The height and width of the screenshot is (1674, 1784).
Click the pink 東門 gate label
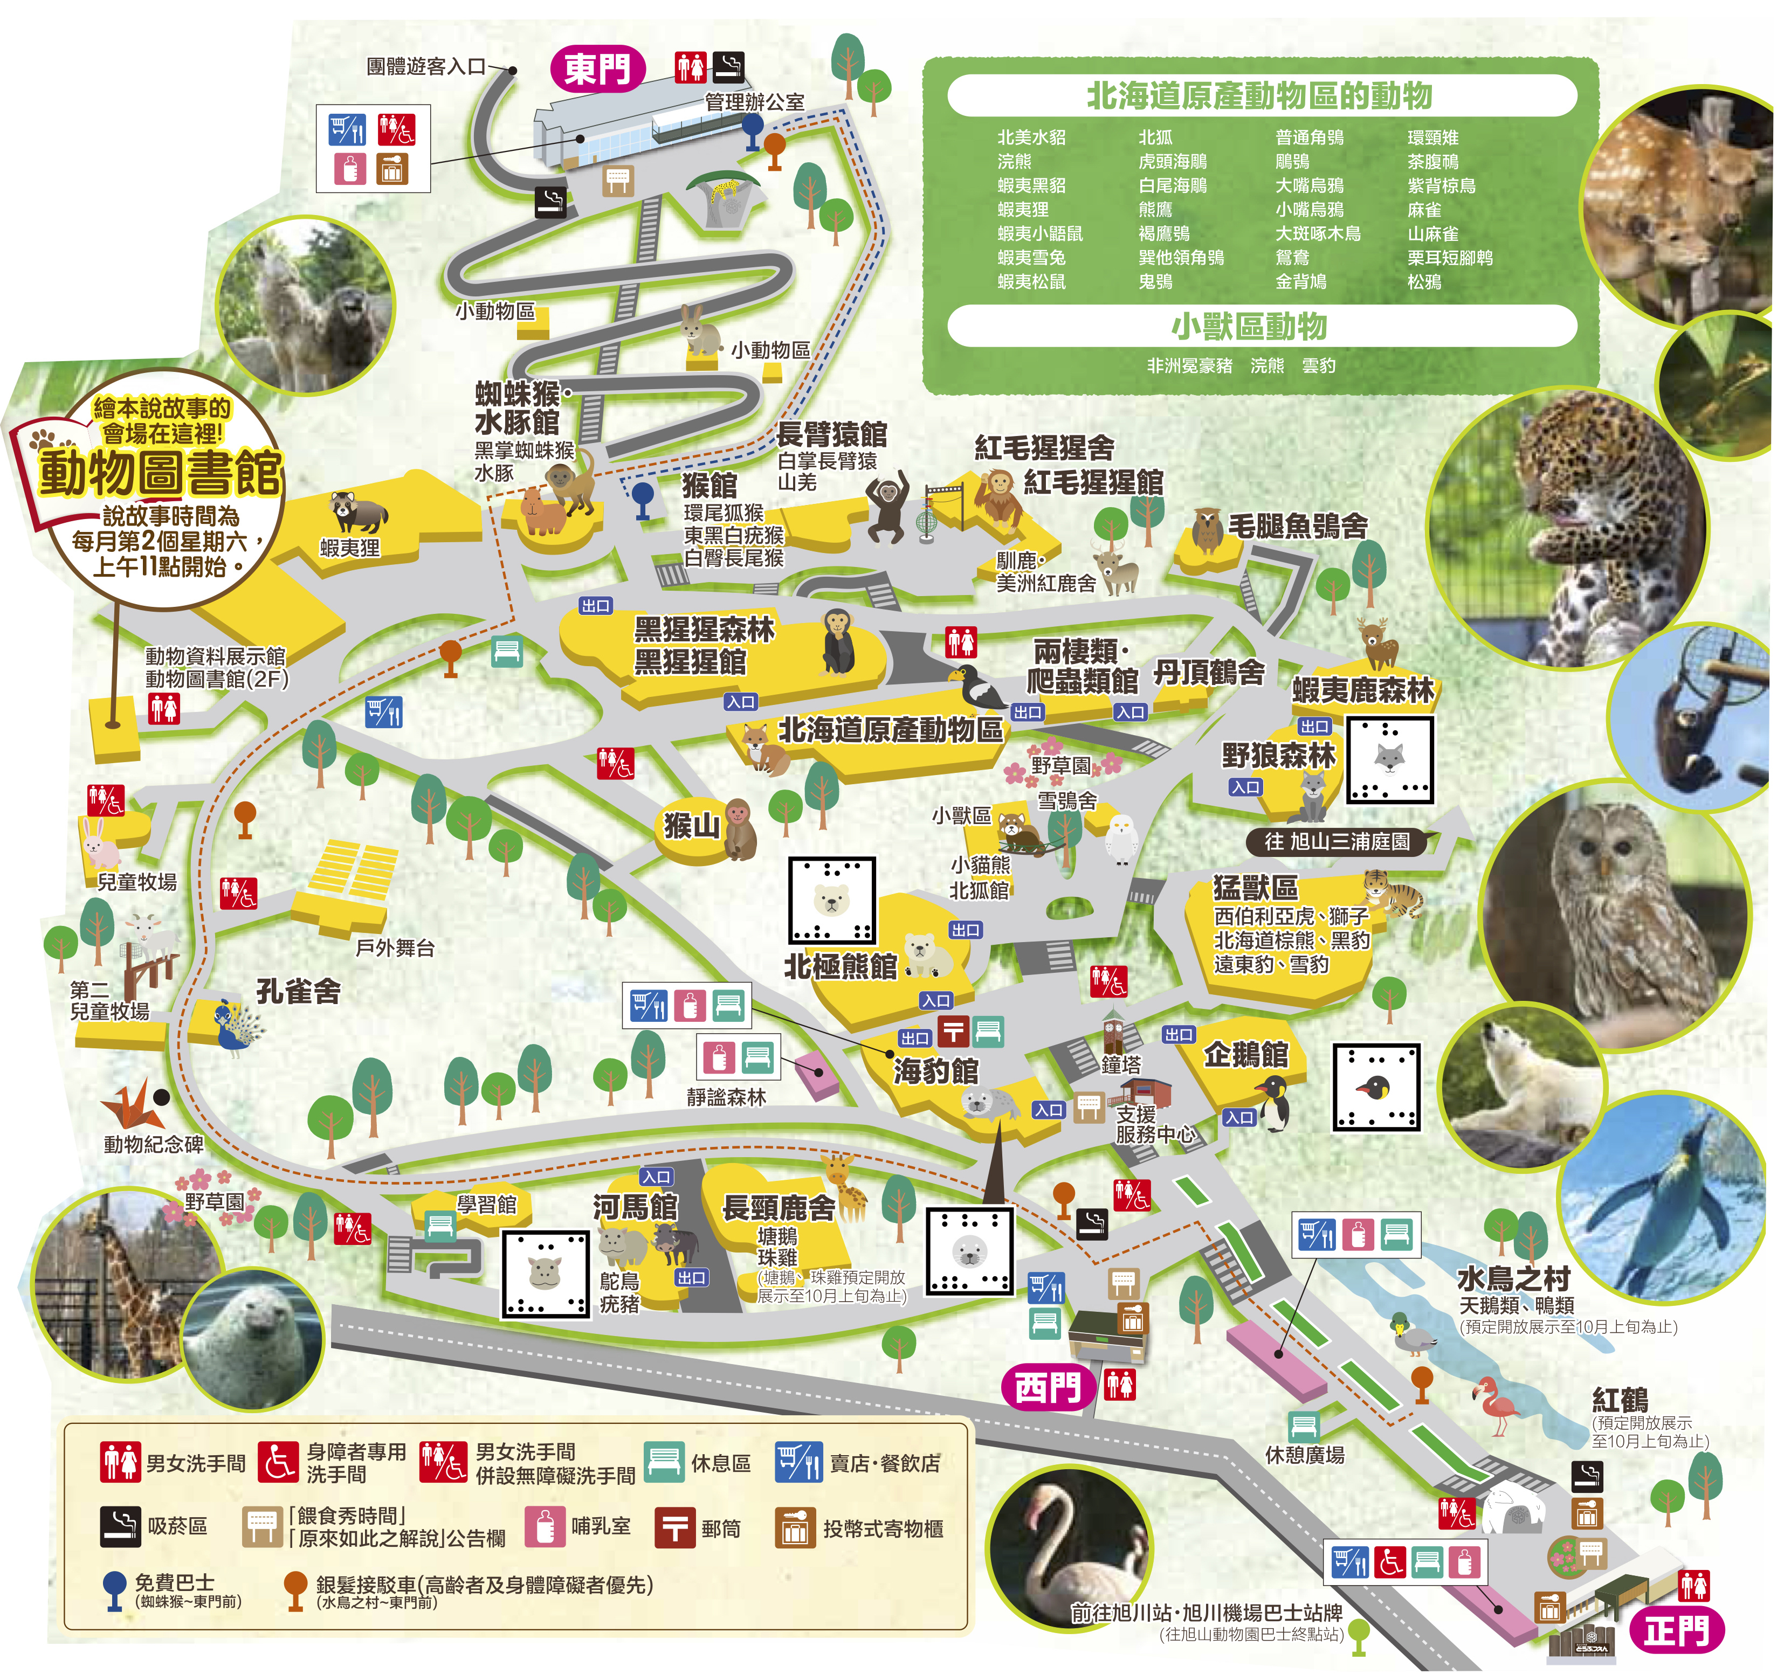[598, 69]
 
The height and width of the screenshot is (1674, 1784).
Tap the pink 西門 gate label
[1046, 1388]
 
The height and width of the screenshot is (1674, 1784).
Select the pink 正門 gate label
[1675, 1630]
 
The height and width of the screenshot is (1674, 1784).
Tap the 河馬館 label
[635, 1207]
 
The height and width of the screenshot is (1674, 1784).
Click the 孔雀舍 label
[298, 991]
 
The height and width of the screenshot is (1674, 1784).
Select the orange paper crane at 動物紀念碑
[132, 1105]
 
